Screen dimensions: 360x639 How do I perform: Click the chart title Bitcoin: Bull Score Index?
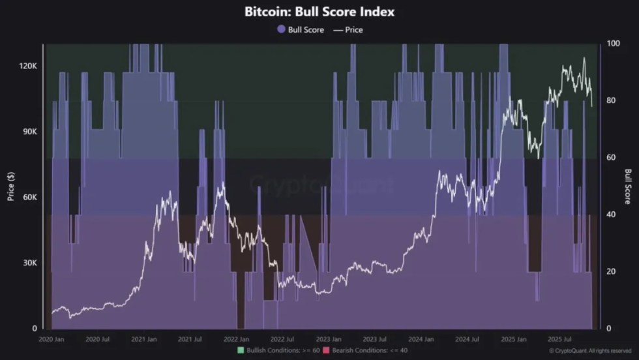[319, 12]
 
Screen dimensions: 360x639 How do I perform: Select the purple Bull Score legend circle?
[281, 29]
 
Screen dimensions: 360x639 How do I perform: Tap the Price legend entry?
[348, 29]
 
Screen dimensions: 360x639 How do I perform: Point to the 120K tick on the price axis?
[27, 67]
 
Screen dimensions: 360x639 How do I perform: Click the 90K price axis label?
[29, 132]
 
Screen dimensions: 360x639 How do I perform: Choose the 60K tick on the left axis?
[29, 198]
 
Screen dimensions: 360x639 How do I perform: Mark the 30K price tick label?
[29, 263]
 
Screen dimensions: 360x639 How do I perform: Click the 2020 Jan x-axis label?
[52, 340]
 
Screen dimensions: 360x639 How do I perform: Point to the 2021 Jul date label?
[189, 340]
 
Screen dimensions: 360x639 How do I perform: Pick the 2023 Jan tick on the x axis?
[328, 340]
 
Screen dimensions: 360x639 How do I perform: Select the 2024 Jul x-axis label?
[467, 340]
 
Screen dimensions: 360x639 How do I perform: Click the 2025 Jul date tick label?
[559, 340]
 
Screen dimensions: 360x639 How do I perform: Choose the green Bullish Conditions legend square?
[241, 351]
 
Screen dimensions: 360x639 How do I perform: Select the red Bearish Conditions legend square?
[326, 351]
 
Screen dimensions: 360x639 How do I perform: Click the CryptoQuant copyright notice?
[591, 351]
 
